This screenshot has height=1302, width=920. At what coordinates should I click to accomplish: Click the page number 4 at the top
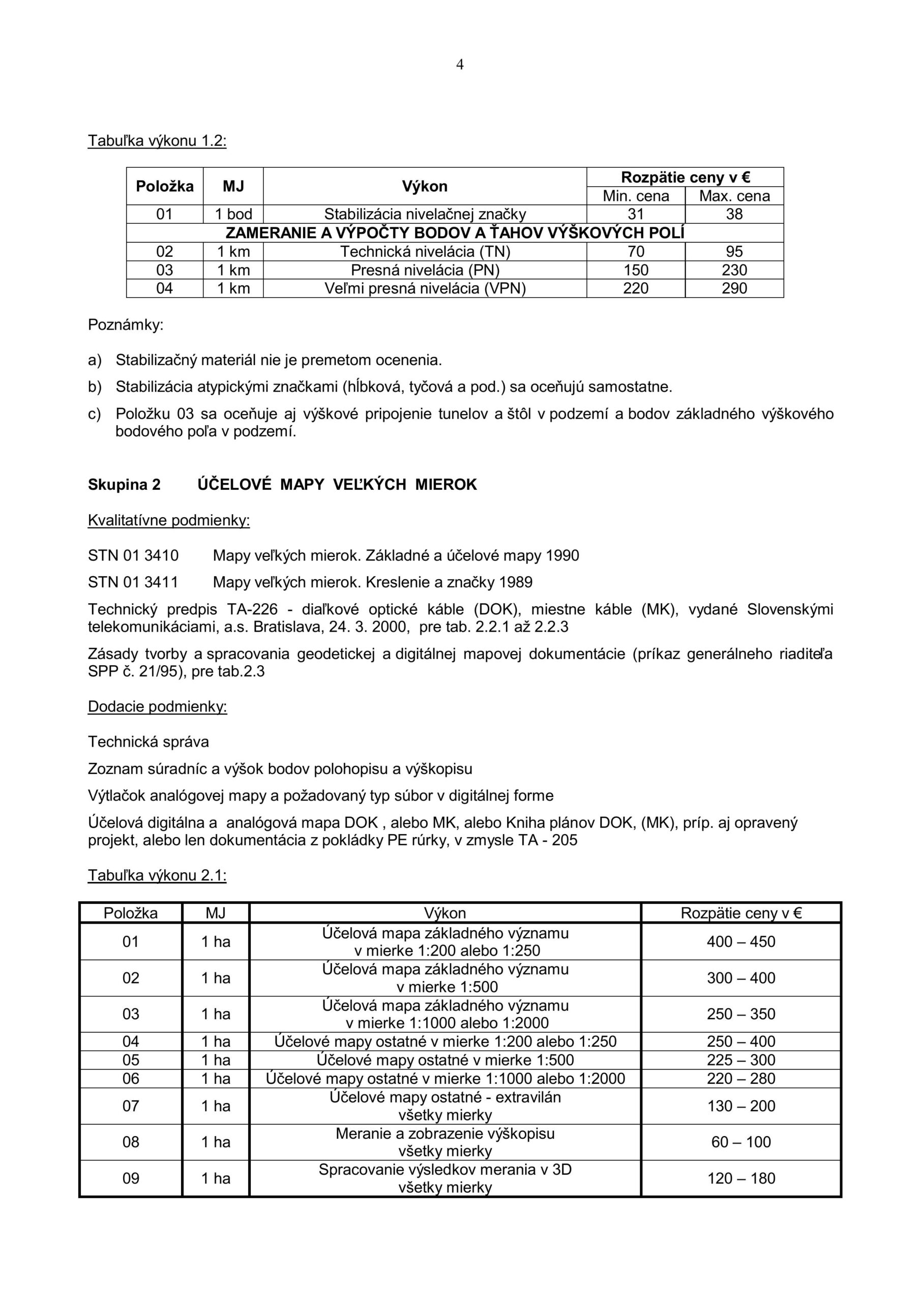(x=459, y=65)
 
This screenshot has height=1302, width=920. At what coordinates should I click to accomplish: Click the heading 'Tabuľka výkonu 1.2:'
(x=157, y=141)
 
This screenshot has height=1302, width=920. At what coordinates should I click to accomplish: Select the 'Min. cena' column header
(x=635, y=196)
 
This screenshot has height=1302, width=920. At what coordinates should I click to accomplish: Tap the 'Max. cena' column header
(x=734, y=196)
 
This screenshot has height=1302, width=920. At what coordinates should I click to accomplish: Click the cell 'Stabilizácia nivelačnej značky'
(x=425, y=214)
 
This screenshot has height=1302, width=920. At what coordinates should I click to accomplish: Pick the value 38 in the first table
(x=734, y=214)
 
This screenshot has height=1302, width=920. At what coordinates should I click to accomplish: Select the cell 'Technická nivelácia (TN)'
(x=425, y=252)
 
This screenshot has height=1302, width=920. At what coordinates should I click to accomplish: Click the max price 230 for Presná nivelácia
(x=734, y=270)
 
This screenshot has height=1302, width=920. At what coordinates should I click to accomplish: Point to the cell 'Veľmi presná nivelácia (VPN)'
(x=425, y=289)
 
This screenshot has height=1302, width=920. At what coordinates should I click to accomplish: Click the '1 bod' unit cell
(x=233, y=214)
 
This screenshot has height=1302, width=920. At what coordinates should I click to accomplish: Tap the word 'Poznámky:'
(x=125, y=325)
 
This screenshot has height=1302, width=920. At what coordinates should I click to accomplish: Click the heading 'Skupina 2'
(x=124, y=484)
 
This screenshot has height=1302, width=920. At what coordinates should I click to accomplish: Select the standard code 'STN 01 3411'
(x=133, y=582)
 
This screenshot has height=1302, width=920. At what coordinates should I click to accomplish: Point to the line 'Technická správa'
(x=149, y=742)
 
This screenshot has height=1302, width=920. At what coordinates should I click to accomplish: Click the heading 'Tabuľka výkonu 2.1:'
(x=157, y=876)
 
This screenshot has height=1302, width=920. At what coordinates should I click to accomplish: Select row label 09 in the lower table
(x=131, y=1178)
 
